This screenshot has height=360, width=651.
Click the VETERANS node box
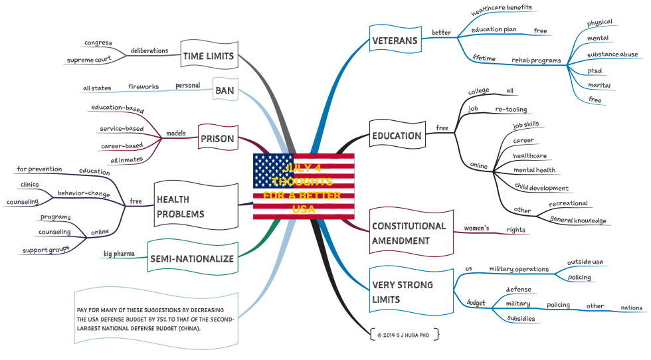[395, 41]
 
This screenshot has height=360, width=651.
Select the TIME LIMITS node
[209, 56]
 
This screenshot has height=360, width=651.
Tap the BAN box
[224, 90]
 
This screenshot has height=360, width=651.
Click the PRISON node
[217, 139]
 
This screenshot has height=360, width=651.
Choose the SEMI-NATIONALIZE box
[192, 258]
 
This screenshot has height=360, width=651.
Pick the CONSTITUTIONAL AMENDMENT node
[409, 234]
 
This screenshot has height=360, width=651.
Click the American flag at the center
[304, 185]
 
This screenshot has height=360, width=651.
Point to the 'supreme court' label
[88, 60]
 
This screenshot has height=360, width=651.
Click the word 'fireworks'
[143, 86]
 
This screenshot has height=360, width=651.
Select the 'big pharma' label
[119, 253]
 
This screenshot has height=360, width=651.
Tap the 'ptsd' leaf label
[595, 70]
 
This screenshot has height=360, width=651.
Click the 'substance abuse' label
[612, 54]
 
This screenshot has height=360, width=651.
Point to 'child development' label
[541, 188]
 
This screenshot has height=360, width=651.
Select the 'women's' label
[476, 228]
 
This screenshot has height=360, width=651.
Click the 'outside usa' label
[585, 262]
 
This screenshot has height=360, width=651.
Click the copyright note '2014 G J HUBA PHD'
[404, 335]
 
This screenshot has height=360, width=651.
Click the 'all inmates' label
[126, 160]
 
